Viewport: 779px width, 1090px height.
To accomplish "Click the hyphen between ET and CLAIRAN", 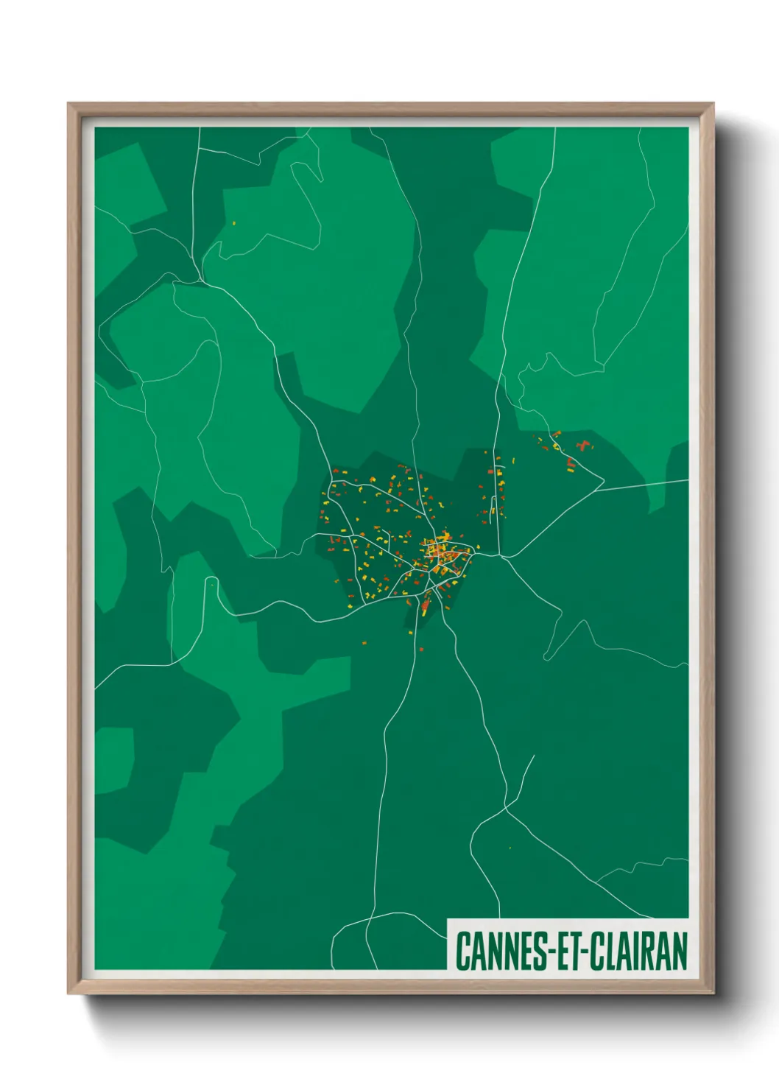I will pos(579,952).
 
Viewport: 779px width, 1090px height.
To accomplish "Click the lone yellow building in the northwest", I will pos(233,223).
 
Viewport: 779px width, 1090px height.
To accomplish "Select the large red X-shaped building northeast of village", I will pos(585,445).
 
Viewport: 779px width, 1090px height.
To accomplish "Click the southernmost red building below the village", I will pos(420,650).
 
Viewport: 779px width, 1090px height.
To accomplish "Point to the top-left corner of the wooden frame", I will pos(68,104).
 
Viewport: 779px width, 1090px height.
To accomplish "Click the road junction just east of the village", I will pos(501,556).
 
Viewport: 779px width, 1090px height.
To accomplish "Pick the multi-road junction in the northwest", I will pos(200,280).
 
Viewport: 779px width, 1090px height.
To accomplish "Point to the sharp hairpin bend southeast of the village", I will pos(585,622).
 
